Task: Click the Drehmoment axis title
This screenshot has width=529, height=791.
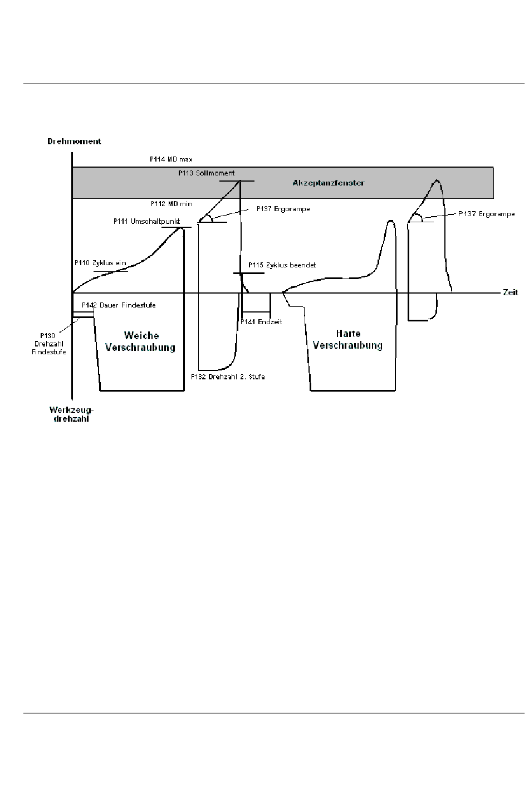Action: [74, 141]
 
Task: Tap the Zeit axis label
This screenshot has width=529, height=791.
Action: [510, 292]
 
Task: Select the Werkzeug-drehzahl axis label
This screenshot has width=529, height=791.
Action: [71, 414]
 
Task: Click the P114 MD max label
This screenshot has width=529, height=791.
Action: [171, 159]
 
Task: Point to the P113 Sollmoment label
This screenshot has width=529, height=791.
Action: [206, 173]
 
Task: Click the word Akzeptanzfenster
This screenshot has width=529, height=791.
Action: [328, 183]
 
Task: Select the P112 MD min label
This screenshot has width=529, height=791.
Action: [172, 204]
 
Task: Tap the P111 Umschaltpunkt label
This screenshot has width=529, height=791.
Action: [146, 221]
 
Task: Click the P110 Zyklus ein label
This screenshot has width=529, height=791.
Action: [100, 263]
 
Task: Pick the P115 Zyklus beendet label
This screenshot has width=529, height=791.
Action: [282, 265]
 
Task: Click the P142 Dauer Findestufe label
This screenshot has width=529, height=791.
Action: [119, 305]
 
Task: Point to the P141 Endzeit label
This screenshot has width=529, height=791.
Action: [261, 322]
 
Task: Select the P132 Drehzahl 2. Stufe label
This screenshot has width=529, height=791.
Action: [228, 377]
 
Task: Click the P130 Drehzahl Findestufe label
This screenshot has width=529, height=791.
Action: [48, 344]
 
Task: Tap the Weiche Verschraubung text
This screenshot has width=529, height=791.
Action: [140, 341]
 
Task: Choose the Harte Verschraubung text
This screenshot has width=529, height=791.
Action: [347, 339]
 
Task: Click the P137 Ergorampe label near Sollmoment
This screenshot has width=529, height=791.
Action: [283, 209]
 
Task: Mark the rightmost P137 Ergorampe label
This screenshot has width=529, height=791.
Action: [486, 214]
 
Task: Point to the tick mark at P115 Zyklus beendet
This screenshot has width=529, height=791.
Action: [248, 274]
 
